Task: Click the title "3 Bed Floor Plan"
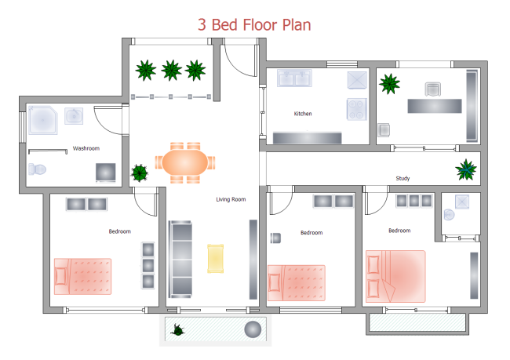tap(254, 24)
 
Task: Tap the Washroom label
tap(86, 147)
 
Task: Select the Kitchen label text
tap(303, 114)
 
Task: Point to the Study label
tap(403, 178)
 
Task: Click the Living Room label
tap(231, 199)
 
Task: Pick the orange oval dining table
tap(186, 163)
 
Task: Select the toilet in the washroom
tap(38, 169)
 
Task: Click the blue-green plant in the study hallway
tap(467, 169)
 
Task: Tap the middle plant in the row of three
tap(171, 71)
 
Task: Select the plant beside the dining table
tap(140, 172)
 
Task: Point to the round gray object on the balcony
tap(253, 329)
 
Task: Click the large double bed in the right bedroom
tap(395, 275)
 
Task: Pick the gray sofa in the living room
tap(180, 259)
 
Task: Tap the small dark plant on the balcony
tap(180, 330)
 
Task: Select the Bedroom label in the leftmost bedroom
tap(119, 231)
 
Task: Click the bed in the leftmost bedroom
tap(83, 275)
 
